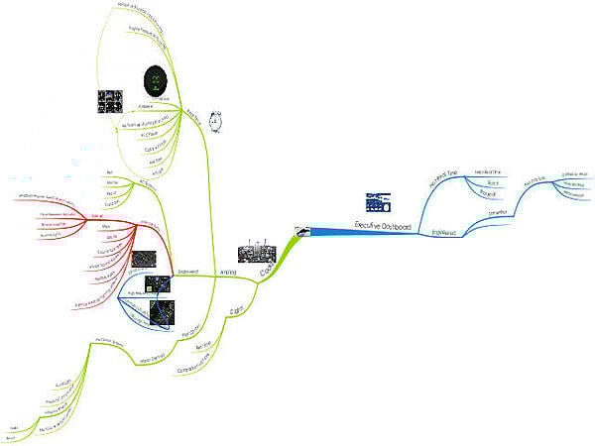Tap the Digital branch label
pyautogui.click(x=237, y=310)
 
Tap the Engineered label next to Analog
pyautogui.click(x=188, y=270)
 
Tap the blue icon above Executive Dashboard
pyautogui.click(x=378, y=201)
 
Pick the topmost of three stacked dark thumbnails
pyautogui.click(x=145, y=261)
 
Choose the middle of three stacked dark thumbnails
pyautogui.click(x=156, y=286)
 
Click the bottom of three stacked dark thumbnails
pyautogui.click(x=161, y=313)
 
